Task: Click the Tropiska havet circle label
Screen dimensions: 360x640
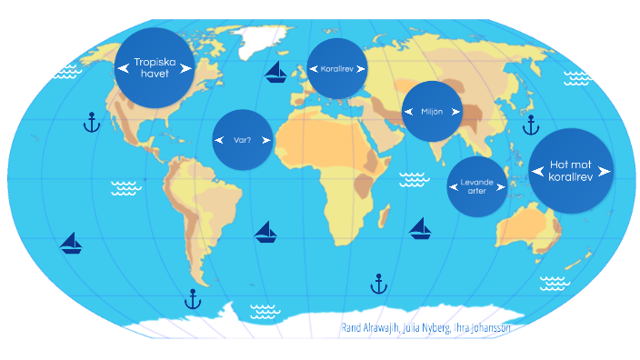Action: (x=154, y=67)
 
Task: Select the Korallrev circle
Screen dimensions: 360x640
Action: (x=336, y=68)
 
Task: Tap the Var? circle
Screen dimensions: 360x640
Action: (x=243, y=140)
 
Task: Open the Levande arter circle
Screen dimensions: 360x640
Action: (x=477, y=186)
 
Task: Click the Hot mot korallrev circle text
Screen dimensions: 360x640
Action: (x=571, y=170)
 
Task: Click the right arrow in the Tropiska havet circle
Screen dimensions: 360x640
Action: (x=185, y=67)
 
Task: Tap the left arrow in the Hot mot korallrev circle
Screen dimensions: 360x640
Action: (x=537, y=170)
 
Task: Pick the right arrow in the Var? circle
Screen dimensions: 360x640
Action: (x=265, y=140)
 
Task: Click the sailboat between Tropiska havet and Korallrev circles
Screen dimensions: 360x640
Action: (x=276, y=73)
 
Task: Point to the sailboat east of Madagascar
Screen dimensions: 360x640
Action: (x=420, y=228)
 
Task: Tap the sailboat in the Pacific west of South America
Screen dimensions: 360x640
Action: (x=71, y=243)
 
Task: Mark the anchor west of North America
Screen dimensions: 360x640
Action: (x=91, y=122)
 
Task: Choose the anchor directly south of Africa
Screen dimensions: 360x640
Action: (x=379, y=285)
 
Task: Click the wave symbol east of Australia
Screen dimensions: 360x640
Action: (x=554, y=283)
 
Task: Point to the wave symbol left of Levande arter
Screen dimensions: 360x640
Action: (x=414, y=179)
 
